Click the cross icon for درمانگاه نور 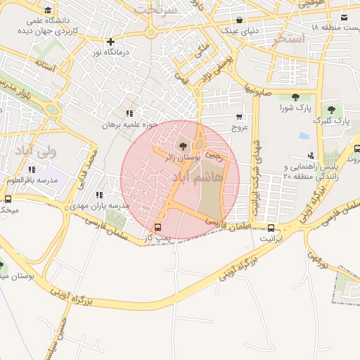110,41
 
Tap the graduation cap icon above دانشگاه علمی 48,10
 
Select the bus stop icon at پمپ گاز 157,227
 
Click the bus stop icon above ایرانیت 271,227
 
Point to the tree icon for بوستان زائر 183,146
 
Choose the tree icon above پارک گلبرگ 330,110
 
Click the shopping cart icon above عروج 239,117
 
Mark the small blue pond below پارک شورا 304,136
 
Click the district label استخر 290,39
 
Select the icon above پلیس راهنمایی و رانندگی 311,155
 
